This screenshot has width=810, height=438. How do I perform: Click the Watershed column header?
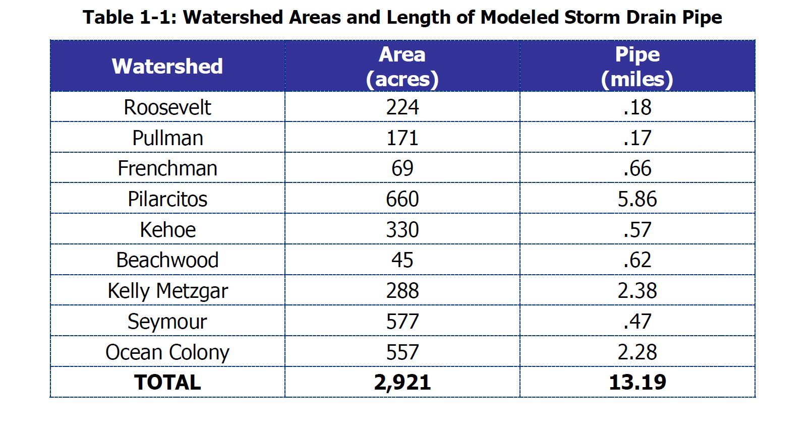pos(167,66)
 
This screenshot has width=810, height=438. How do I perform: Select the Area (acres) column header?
pos(402,67)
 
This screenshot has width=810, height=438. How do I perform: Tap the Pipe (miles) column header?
pos(637,67)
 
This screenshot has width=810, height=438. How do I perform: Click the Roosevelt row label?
pos(167,107)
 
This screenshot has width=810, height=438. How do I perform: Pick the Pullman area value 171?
pos(402,138)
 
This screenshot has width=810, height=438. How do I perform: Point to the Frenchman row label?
pos(167,168)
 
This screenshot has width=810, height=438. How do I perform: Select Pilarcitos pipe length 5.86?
pos(637,199)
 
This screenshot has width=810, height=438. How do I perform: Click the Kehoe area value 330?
pos(402,230)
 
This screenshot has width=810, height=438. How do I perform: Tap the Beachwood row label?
pos(167,260)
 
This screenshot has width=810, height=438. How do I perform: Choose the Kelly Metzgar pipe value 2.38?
pos(637,291)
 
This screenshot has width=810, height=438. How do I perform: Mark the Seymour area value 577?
pos(402,322)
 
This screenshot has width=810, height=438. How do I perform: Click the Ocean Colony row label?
pos(167,352)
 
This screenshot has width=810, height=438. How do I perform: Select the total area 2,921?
pos(402,383)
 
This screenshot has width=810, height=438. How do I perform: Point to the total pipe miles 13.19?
pos(637,383)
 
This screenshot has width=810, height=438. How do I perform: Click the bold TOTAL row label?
pos(167,383)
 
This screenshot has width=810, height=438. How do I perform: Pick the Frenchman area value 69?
pos(402,168)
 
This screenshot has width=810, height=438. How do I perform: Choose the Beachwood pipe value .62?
pos(637,260)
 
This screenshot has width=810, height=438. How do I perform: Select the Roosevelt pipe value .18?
pos(637,107)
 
